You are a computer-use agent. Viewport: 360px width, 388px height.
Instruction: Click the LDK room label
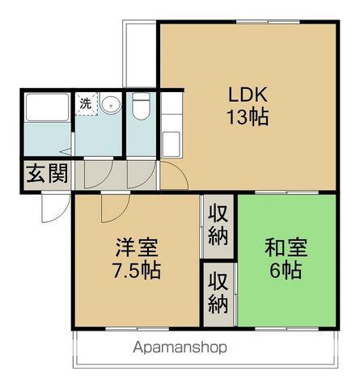(248, 95)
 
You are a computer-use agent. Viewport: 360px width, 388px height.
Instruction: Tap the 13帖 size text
(248, 117)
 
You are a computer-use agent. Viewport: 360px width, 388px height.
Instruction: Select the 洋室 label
(137, 247)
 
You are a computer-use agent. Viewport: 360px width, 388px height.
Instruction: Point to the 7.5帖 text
(137, 270)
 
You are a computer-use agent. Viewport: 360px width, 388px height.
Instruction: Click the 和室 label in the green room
(286, 247)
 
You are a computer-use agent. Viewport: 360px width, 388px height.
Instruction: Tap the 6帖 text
(286, 270)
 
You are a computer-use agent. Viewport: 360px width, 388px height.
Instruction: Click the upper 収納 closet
(218, 226)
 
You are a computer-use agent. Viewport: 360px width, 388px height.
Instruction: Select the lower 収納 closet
(218, 294)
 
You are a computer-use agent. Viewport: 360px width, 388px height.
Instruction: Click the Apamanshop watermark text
(180, 348)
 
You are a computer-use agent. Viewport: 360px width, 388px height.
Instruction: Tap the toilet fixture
(142, 106)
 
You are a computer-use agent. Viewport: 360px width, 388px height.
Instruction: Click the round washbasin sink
(111, 104)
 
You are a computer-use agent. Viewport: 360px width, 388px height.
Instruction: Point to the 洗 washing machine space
(86, 104)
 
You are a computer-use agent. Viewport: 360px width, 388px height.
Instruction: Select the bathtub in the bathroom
(47, 108)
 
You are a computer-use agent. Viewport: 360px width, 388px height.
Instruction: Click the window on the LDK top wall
(268, 22)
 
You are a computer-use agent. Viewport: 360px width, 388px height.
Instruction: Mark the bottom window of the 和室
(287, 329)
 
